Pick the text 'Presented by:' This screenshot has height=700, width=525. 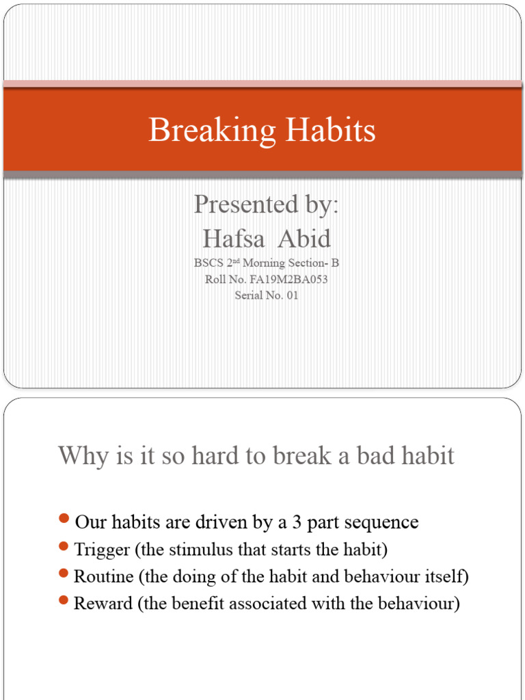point(266,204)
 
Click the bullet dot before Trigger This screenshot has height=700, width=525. point(65,547)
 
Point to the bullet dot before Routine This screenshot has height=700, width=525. point(65,574)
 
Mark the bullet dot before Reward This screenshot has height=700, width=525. point(65,601)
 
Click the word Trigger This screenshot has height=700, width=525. point(102,550)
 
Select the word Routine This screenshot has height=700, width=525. point(104,576)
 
